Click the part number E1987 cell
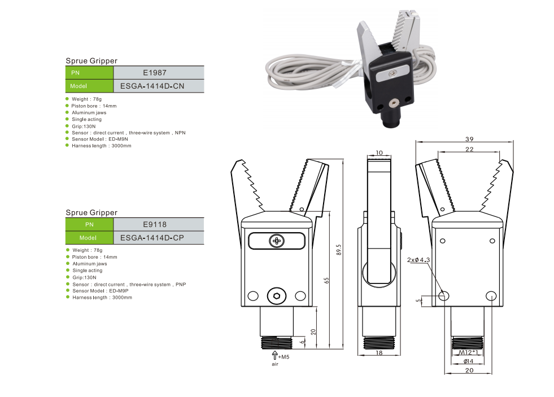pyautogui.click(x=158, y=72)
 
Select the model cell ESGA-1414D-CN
pyautogui.click(x=158, y=86)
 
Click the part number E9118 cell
pyautogui.click(x=158, y=224)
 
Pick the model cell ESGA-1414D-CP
pyautogui.click(x=158, y=238)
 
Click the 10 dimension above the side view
pyautogui.click(x=379, y=153)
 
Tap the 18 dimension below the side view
pyautogui.click(x=379, y=352)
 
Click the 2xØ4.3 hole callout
pyautogui.click(x=418, y=260)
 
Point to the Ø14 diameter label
pyautogui.click(x=468, y=361)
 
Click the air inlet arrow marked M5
pyautogui.click(x=275, y=356)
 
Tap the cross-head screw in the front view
pyautogui.click(x=277, y=241)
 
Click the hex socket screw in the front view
pyautogui.click(x=277, y=295)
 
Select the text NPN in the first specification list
pyautogui.click(x=180, y=133)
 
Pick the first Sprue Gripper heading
pyautogui.click(x=91, y=60)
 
